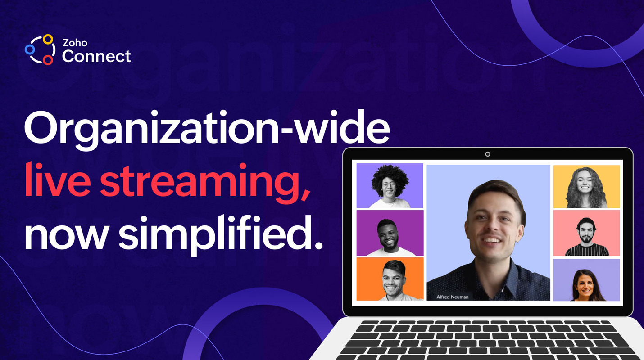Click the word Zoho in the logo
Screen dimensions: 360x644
click(75, 44)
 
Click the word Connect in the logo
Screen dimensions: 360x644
click(96, 56)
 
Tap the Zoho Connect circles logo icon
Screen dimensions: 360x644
click(40, 49)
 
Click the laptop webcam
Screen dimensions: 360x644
click(488, 154)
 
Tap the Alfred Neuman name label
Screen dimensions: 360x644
click(452, 297)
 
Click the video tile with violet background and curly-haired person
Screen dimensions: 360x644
click(390, 185)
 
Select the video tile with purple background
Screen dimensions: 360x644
click(390, 233)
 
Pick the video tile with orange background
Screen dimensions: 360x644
click(390, 279)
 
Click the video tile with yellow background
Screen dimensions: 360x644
click(586, 187)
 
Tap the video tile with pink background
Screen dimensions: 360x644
click(586, 233)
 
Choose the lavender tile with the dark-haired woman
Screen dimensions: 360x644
click(586, 280)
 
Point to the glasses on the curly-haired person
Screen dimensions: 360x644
click(389, 184)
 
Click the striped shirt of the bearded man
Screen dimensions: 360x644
click(586, 250)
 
